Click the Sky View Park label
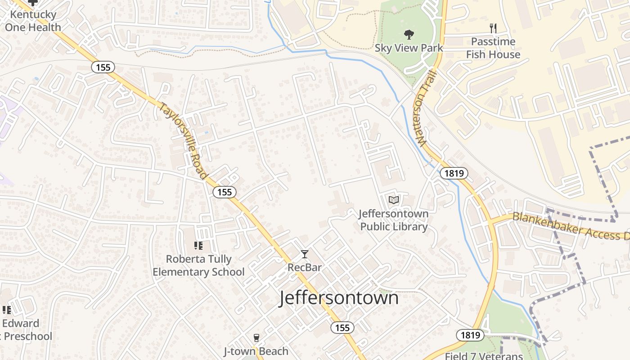(409, 48)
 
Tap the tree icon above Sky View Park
(409, 34)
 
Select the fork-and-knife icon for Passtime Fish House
(493, 28)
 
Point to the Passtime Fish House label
(493, 48)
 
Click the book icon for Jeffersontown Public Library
(394, 200)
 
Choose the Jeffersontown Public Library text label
(394, 220)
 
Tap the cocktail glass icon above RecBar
(305, 254)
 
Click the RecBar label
(305, 267)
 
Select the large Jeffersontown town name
(339, 298)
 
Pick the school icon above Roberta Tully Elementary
(198, 246)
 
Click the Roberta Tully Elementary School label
(198, 265)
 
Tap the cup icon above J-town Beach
(256, 338)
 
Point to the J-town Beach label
(256, 351)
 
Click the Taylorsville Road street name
(184, 141)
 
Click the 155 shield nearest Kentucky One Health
(103, 67)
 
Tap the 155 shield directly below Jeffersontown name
(342, 328)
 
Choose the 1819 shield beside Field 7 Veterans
(470, 335)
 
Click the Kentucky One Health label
(33, 21)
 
